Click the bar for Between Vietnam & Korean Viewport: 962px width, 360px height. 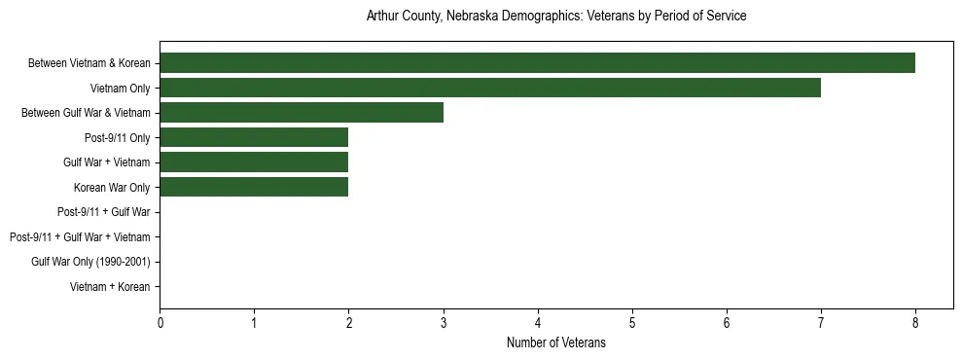click(x=537, y=63)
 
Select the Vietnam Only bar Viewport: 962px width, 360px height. click(x=490, y=89)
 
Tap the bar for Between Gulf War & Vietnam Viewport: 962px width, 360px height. click(x=302, y=113)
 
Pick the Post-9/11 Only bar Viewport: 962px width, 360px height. click(x=254, y=138)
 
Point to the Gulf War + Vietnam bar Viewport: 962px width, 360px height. click(x=254, y=162)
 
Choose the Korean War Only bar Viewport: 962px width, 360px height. click(x=254, y=188)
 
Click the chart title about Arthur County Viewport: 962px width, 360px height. click(x=556, y=17)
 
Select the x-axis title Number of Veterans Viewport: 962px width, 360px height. click(x=556, y=342)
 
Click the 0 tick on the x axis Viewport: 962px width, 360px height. click(x=160, y=322)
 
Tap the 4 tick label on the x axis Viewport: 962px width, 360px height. click(x=538, y=322)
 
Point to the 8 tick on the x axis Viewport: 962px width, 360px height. click(x=915, y=322)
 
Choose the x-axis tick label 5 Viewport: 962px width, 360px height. click(x=632, y=322)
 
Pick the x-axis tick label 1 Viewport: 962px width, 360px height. click(x=254, y=322)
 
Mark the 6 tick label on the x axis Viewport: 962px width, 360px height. click(x=727, y=322)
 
